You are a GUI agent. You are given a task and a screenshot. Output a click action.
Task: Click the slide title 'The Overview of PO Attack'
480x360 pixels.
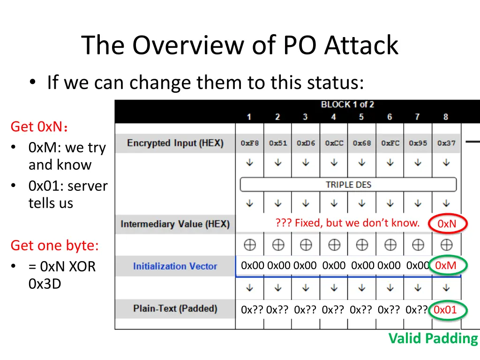(x=240, y=45)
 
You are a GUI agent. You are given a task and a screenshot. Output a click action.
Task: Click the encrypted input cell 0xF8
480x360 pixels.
(x=249, y=143)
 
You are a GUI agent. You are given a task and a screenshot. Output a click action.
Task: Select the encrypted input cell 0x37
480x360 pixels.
(x=446, y=143)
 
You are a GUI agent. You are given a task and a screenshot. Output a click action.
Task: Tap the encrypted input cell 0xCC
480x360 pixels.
(x=334, y=143)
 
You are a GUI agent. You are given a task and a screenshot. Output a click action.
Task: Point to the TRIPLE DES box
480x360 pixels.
(x=348, y=185)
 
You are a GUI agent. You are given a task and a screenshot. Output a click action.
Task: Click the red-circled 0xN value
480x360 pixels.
(x=447, y=224)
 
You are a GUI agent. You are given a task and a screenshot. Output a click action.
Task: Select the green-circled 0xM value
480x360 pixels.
(x=445, y=266)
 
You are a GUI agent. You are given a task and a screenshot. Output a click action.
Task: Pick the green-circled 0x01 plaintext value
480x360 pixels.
(x=445, y=310)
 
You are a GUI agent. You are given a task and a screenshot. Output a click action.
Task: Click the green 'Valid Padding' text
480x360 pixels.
(x=433, y=338)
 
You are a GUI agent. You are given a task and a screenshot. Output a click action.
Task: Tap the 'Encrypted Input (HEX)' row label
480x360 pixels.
(x=175, y=143)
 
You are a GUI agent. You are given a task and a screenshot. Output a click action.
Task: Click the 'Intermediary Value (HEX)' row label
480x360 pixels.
(x=175, y=224)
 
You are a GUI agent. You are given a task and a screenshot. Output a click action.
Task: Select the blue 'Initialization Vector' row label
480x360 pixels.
(x=175, y=266)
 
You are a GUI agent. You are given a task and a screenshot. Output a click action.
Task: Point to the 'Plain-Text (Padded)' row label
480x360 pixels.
(x=175, y=308)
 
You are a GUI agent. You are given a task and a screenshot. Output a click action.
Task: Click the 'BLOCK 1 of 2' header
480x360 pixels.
(x=347, y=105)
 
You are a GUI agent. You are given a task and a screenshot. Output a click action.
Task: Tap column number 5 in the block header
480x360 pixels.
(x=361, y=117)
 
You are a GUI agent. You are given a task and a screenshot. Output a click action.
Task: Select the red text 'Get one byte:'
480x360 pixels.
(x=54, y=246)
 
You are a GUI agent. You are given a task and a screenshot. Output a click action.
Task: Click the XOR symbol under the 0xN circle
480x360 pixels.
(x=446, y=244)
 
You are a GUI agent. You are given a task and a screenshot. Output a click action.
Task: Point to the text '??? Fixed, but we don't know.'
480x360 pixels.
(x=347, y=223)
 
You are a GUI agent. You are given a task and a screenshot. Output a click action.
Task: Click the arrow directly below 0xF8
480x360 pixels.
(x=250, y=162)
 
